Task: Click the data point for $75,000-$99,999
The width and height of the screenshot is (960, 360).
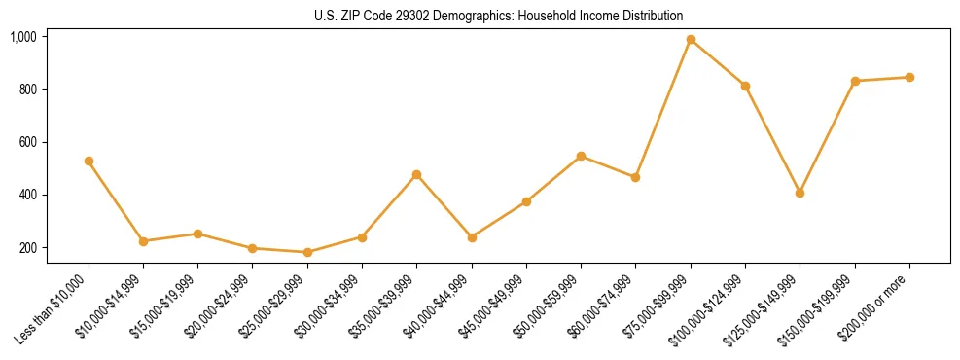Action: pyautogui.click(x=691, y=40)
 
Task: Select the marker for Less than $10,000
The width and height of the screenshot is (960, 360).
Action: pyautogui.click(x=89, y=161)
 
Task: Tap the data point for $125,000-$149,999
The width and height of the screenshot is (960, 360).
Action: pyautogui.click(x=800, y=193)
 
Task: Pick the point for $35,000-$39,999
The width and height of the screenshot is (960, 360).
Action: pyautogui.click(x=416, y=174)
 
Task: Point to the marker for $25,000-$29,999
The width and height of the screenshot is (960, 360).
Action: pyautogui.click(x=307, y=252)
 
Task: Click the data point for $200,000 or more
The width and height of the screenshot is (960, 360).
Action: pyautogui.click(x=909, y=77)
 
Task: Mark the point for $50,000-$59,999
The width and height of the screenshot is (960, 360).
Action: pyautogui.click(x=581, y=156)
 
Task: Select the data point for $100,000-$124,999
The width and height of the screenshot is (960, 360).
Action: pyautogui.click(x=745, y=86)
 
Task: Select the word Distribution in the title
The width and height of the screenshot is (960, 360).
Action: pyautogui.click(x=653, y=17)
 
